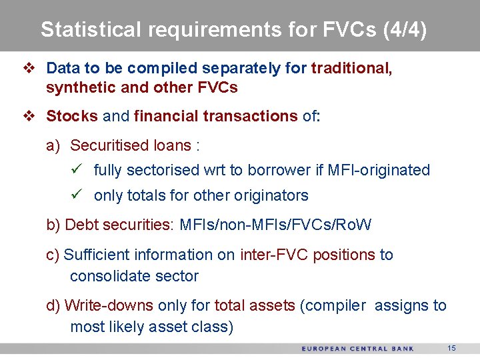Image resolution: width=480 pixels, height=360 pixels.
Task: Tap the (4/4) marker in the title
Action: click(x=405, y=30)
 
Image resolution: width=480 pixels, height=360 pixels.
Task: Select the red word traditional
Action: click(x=351, y=68)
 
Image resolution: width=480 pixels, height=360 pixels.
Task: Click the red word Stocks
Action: click(x=72, y=116)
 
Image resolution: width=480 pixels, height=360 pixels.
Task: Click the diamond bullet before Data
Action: click(x=28, y=68)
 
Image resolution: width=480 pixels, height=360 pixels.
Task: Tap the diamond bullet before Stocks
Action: click(x=28, y=116)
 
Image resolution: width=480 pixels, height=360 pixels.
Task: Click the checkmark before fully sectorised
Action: click(x=76, y=169)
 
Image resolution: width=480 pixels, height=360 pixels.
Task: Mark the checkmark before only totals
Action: click(x=76, y=195)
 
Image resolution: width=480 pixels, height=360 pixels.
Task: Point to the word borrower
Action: click(x=276, y=170)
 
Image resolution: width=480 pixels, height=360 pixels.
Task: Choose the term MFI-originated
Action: click(x=379, y=170)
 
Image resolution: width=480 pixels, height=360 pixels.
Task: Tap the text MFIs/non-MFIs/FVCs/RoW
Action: click(x=275, y=225)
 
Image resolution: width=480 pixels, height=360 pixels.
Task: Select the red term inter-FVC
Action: click(x=270, y=255)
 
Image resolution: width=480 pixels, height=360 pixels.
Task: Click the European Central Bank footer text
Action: click(x=357, y=349)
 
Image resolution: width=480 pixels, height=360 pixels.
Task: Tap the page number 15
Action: click(x=451, y=349)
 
